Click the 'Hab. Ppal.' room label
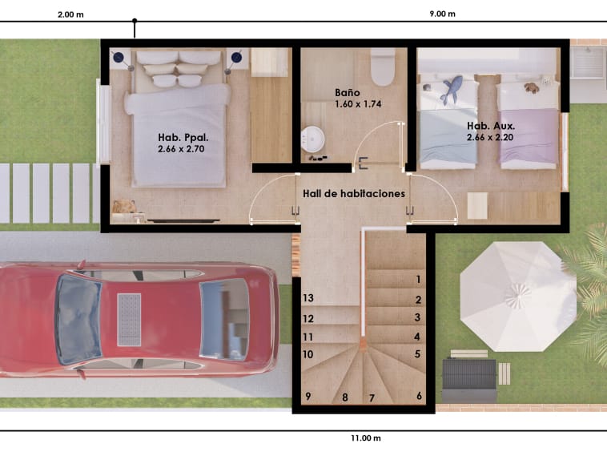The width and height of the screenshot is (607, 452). pos(183,138)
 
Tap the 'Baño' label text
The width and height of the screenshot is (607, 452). pos(348,93)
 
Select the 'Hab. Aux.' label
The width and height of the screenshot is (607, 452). pos(491,126)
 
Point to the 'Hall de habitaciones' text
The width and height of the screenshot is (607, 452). pos(354,194)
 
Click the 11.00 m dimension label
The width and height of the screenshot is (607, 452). pos(366,438)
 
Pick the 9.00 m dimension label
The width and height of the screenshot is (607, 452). pos(443,14)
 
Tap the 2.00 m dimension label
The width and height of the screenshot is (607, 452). pos(70,14)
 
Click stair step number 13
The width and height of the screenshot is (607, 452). pos(308,298)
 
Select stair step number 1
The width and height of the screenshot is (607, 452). pos(418,279)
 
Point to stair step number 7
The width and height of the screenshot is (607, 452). pos(372,398)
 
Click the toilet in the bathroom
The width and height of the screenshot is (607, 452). pos(383,67)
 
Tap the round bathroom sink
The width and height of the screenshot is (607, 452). pos(313,139)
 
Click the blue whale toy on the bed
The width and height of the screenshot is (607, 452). pos(452,89)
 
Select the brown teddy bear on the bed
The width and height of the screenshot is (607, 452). pos(532,88)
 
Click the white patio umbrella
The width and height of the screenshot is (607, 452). pos(518,297)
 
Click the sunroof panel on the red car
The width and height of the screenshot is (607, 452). pos(129,320)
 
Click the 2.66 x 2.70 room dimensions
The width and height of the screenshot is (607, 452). pos(181,149)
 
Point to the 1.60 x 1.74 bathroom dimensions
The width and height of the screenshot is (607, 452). pos(358,104)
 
